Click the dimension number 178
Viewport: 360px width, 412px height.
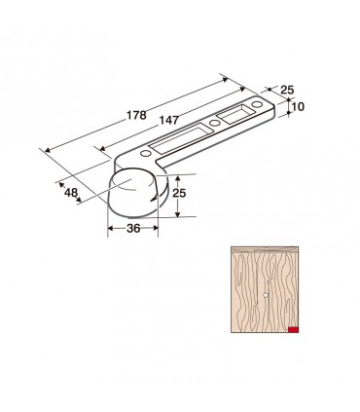click(x=136, y=115)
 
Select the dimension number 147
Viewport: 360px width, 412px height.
click(x=169, y=120)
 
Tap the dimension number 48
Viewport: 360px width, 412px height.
click(x=71, y=193)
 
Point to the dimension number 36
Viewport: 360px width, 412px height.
click(x=133, y=229)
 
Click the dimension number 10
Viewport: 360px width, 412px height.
click(x=298, y=106)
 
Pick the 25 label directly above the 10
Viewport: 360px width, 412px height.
click(x=287, y=90)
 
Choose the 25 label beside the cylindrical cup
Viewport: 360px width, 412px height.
click(x=179, y=193)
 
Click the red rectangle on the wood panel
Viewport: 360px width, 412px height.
click(x=293, y=330)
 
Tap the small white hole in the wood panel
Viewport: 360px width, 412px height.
click(x=266, y=295)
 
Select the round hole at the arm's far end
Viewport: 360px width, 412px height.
click(x=257, y=104)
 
